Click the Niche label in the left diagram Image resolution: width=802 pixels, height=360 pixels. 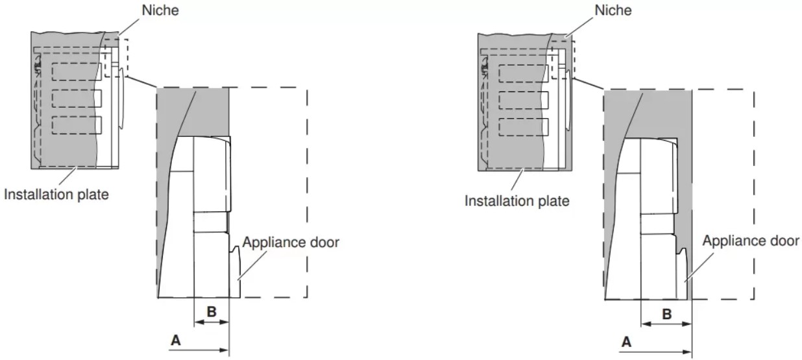pyautogui.click(x=160, y=10)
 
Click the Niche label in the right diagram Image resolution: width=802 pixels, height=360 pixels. pyautogui.click(x=613, y=10)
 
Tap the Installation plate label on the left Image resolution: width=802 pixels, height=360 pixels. pyautogui.click(x=56, y=195)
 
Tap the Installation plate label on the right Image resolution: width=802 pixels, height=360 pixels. pyautogui.click(x=516, y=200)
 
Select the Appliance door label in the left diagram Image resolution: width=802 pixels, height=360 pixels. pyautogui.click(x=291, y=243)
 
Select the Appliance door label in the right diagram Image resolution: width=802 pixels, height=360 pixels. pyautogui.click(x=751, y=241)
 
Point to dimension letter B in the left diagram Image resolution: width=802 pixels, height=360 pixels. pyautogui.click(x=212, y=312)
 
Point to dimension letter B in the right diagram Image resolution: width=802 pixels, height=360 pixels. pyautogui.click(x=666, y=314)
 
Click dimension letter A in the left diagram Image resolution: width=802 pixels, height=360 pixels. pyautogui.click(x=175, y=340)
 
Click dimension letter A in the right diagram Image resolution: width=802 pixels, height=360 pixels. pyautogui.click(x=626, y=342)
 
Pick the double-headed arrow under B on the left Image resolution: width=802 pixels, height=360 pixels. pyautogui.click(x=212, y=322)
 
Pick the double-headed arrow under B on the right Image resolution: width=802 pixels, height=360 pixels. pyautogui.click(x=666, y=324)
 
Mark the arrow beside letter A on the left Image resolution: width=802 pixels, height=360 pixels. pyautogui.click(x=199, y=350)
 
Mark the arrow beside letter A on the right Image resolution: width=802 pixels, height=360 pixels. pyautogui.click(x=655, y=352)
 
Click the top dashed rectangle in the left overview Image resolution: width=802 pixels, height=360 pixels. pyautogui.click(x=77, y=71)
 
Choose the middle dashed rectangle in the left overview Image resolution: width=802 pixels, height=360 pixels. pyautogui.click(x=77, y=99)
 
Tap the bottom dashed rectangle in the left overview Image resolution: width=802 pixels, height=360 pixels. pyautogui.click(x=77, y=125)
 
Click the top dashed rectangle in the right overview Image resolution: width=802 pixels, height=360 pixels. pyautogui.click(x=524, y=74)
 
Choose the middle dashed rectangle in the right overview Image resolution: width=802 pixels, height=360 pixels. pyautogui.click(x=524, y=101)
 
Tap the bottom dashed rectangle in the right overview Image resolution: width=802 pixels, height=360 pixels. pyautogui.click(x=524, y=127)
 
